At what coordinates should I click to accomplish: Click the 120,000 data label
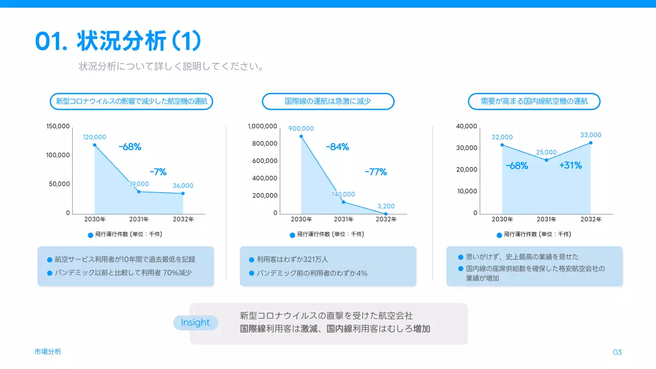tap(95, 137)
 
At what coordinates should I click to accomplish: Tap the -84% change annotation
tap(337, 147)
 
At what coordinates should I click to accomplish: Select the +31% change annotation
tap(570, 166)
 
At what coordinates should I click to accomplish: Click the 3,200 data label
tap(386, 206)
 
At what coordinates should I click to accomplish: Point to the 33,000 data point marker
tap(590, 142)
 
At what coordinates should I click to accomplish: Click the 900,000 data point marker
tap(301, 136)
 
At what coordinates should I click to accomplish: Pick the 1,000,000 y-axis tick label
tap(262, 126)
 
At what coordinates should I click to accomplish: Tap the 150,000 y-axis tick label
tap(58, 126)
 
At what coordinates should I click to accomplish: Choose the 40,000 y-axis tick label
tap(466, 126)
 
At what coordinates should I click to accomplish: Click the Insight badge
tap(195, 322)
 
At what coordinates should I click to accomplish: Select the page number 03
tap(617, 352)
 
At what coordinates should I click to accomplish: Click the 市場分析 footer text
tap(48, 352)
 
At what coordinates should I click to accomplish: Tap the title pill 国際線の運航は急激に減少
tap(328, 101)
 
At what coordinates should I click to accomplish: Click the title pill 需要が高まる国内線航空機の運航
tap(534, 101)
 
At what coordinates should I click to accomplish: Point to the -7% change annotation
tap(158, 172)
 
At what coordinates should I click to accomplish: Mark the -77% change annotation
tap(376, 172)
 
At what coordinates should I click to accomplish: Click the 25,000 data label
tap(546, 152)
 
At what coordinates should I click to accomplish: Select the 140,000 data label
tap(343, 194)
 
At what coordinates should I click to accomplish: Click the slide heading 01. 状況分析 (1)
tap(118, 41)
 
